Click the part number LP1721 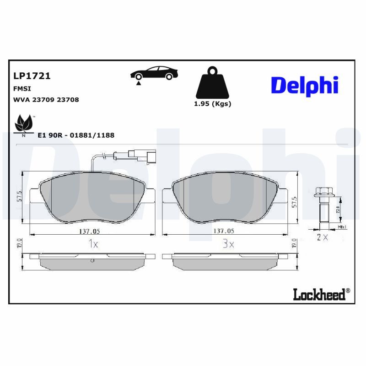[32, 76]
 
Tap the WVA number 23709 [44, 99]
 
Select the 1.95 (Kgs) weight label [212, 104]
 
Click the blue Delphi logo [304, 85]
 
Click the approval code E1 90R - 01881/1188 [76, 135]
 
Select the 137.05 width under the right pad [224, 231]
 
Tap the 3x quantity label [228, 244]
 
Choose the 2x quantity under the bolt [322, 237]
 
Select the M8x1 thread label [342, 227]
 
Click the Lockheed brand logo [318, 295]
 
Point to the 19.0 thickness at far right [294, 243]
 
